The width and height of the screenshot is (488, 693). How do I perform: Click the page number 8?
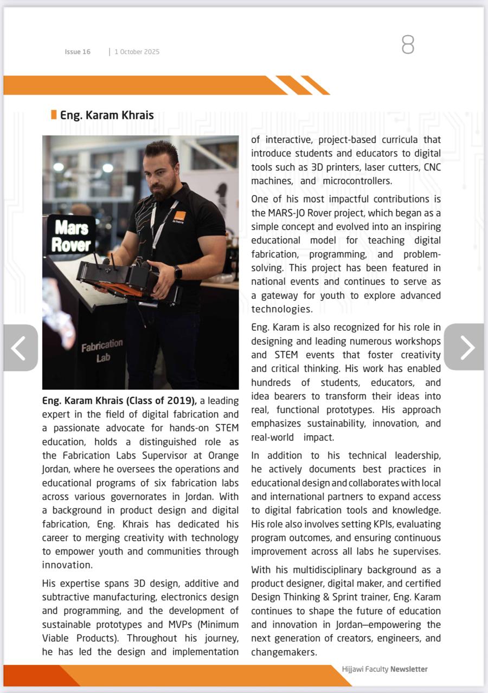point(408,45)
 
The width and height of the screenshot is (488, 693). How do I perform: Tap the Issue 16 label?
point(78,52)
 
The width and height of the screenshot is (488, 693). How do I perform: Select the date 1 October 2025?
point(137,52)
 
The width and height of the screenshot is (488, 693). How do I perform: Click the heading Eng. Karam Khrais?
point(107,115)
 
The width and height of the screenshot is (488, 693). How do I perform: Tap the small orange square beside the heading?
point(54,115)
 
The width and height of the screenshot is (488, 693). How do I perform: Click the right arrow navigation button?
point(464,347)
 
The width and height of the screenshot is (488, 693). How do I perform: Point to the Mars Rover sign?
point(71,236)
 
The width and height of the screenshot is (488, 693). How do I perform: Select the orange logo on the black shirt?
point(179,216)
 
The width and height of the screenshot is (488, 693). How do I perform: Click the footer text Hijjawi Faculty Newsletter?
point(384,669)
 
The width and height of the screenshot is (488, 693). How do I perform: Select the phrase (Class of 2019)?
point(170,401)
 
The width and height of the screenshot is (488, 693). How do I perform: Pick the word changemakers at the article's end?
point(284,652)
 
